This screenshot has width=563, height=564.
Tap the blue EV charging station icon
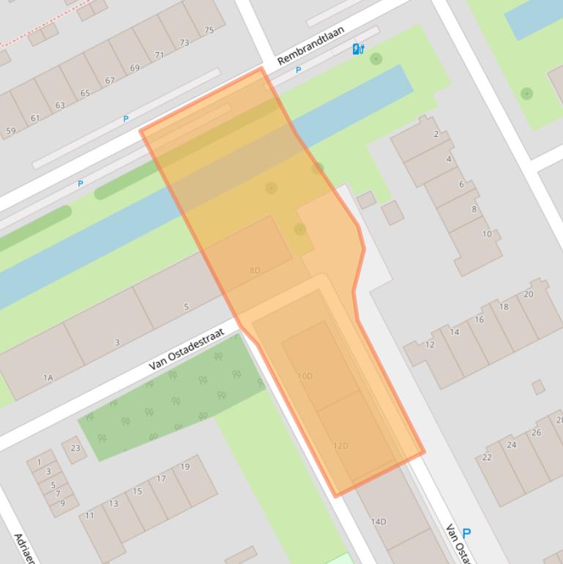coord(358,49)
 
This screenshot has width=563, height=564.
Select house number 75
coord(209,30)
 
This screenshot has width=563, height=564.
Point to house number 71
coord(160,55)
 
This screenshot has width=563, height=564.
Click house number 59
coord(10,131)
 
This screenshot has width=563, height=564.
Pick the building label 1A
coord(48,378)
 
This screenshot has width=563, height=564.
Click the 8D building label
coord(255,270)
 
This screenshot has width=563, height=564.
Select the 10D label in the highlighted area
coord(305,376)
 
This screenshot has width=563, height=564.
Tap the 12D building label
coord(340,445)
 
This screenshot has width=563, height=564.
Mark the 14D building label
coord(378,522)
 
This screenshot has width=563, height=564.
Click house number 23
coord(75,448)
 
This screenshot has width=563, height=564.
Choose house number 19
coord(185,467)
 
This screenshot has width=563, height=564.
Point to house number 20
coord(529,294)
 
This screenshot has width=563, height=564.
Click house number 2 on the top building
coord(436,134)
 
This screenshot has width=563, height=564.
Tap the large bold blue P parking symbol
coord(466,534)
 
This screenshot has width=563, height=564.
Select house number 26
coord(536,432)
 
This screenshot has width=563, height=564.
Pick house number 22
coord(487,457)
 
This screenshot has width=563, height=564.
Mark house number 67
coord(110,81)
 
